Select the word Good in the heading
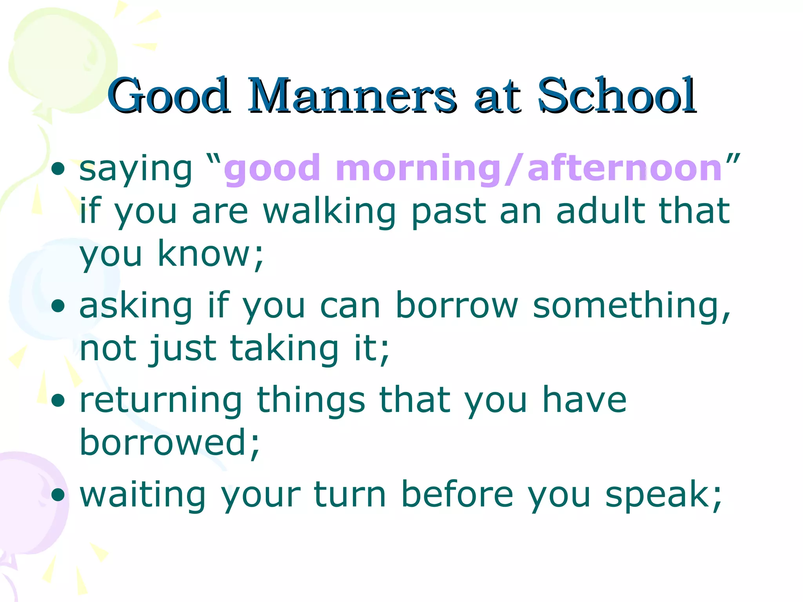(x=169, y=96)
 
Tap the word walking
(x=329, y=212)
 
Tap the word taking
(x=284, y=348)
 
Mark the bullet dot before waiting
(x=58, y=495)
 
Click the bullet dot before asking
(x=58, y=306)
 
